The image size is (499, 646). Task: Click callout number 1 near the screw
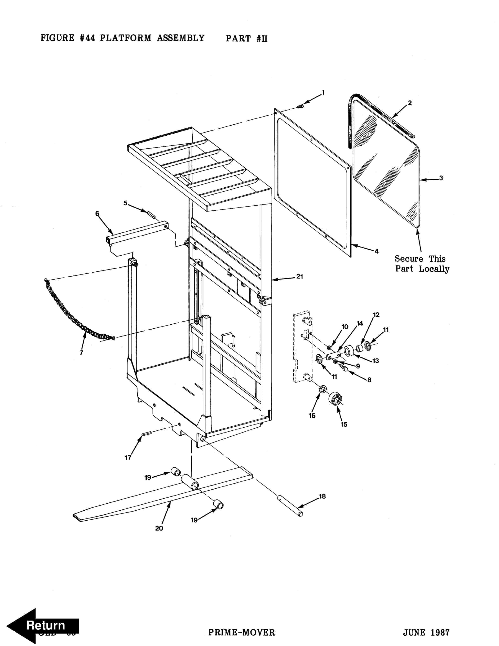(323, 93)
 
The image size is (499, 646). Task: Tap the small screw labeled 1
(300, 106)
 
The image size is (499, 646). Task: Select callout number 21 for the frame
(300, 277)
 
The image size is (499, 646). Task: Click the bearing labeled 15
(336, 399)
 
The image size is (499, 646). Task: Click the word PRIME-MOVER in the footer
(242, 632)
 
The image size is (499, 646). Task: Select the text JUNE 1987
(426, 632)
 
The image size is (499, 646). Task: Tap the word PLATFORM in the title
(125, 38)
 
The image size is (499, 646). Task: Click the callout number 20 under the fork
(159, 528)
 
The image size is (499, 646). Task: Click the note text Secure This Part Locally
(422, 264)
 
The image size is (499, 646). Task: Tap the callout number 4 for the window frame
(376, 251)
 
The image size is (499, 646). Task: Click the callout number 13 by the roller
(375, 361)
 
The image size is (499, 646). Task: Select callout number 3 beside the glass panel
(441, 178)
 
